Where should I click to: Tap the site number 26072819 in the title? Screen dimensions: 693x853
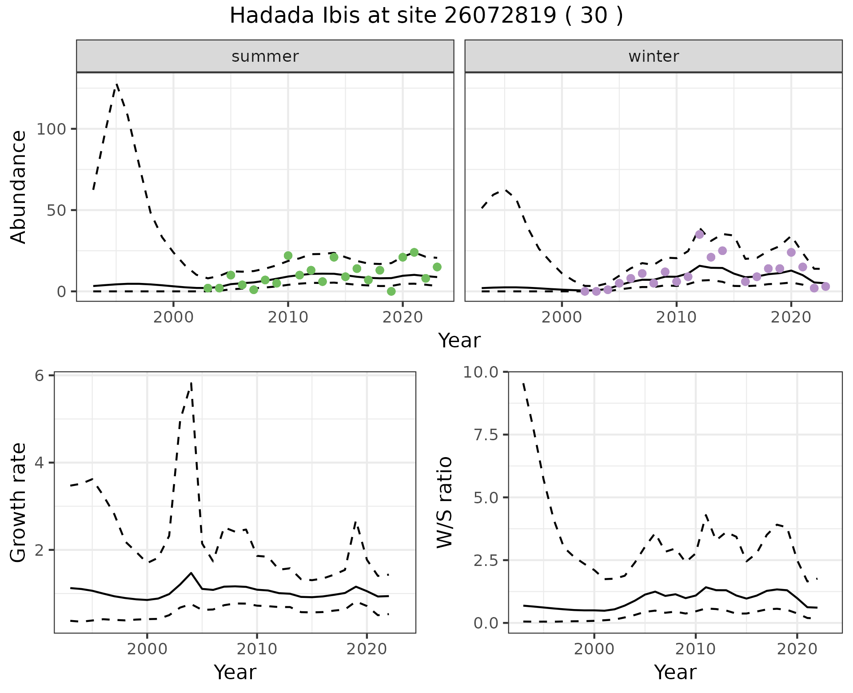pos(499,16)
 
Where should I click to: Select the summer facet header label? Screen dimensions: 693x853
pos(265,56)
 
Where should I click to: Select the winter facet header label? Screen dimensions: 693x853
pos(654,56)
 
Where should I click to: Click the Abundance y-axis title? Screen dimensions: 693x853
pos(19,187)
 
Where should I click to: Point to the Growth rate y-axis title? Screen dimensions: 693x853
pos(19,503)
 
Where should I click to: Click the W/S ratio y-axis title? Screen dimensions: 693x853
pos(444,502)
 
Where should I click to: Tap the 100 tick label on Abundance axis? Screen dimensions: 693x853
pos(51,129)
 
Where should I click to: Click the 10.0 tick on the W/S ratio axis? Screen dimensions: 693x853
pos(481,372)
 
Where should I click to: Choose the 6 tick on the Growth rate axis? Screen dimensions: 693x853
pos(40,376)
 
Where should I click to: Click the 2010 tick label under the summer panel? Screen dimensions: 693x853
pos(288,318)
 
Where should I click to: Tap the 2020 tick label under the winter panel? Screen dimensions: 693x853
pos(791,318)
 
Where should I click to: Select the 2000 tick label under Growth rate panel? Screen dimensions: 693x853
pos(147,649)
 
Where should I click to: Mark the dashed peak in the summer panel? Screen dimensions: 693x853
pos(117,84)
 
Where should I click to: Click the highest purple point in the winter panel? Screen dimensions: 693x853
pos(699,235)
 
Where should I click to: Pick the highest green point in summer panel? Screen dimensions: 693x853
pos(414,252)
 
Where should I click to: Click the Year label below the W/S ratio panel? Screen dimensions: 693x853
pos(675,672)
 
